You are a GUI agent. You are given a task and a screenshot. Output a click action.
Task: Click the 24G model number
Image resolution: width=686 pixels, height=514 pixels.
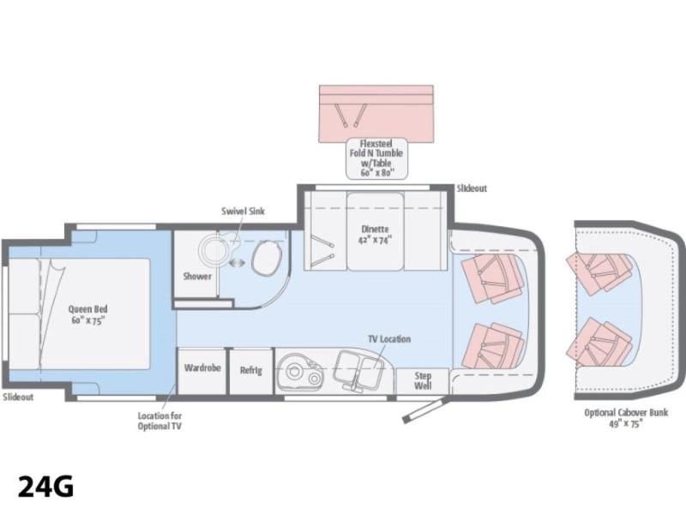[x=45, y=486]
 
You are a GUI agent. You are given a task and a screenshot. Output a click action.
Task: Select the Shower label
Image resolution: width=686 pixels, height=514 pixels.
[x=197, y=276]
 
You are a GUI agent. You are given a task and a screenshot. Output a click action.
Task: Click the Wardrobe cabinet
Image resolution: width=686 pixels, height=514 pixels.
[x=202, y=371]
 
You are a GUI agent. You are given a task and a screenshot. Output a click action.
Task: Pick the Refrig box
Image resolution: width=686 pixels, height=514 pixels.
[x=251, y=371]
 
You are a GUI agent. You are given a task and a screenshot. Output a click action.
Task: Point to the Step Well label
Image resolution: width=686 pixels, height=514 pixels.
[x=423, y=380]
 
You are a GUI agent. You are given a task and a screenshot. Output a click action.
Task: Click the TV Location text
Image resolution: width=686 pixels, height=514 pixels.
[x=389, y=339]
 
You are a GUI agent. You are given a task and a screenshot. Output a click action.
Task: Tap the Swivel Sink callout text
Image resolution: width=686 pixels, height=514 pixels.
[x=243, y=211]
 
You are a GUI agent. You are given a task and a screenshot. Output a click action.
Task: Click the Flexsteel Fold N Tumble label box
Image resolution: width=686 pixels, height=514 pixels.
[x=376, y=158]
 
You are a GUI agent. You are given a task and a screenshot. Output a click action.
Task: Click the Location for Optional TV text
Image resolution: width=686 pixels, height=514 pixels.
[x=159, y=421]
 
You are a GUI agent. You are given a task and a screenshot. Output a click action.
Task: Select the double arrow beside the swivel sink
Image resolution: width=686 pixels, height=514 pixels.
[x=238, y=263]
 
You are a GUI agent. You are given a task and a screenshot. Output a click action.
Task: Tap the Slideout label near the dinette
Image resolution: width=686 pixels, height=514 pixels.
[x=472, y=188]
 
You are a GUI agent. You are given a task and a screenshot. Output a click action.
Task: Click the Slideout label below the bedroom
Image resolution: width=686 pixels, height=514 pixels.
[x=18, y=397]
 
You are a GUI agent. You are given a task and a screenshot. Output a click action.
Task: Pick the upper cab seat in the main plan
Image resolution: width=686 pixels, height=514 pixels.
[x=492, y=278]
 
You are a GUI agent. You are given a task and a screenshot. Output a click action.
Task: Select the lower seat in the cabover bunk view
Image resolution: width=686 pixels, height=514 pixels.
[x=599, y=344]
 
